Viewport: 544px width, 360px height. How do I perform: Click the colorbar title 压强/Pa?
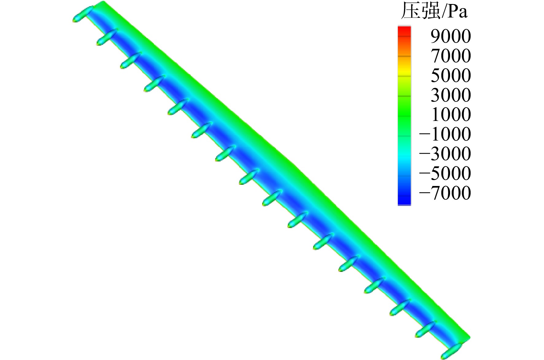coord(434,12)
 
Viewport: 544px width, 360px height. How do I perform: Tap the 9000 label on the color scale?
coord(451,36)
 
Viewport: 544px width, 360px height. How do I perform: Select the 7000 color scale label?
coord(451,56)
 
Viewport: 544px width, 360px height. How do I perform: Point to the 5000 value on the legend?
coord(451,75)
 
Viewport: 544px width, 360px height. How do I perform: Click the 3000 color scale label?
coord(451,95)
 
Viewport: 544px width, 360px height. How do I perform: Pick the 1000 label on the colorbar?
coord(451,114)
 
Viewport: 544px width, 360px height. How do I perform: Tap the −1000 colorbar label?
coord(445,134)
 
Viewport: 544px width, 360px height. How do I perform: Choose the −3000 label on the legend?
coord(445,154)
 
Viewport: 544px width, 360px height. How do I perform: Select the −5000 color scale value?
coord(445,173)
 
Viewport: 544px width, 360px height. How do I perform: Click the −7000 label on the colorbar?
coord(445,193)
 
